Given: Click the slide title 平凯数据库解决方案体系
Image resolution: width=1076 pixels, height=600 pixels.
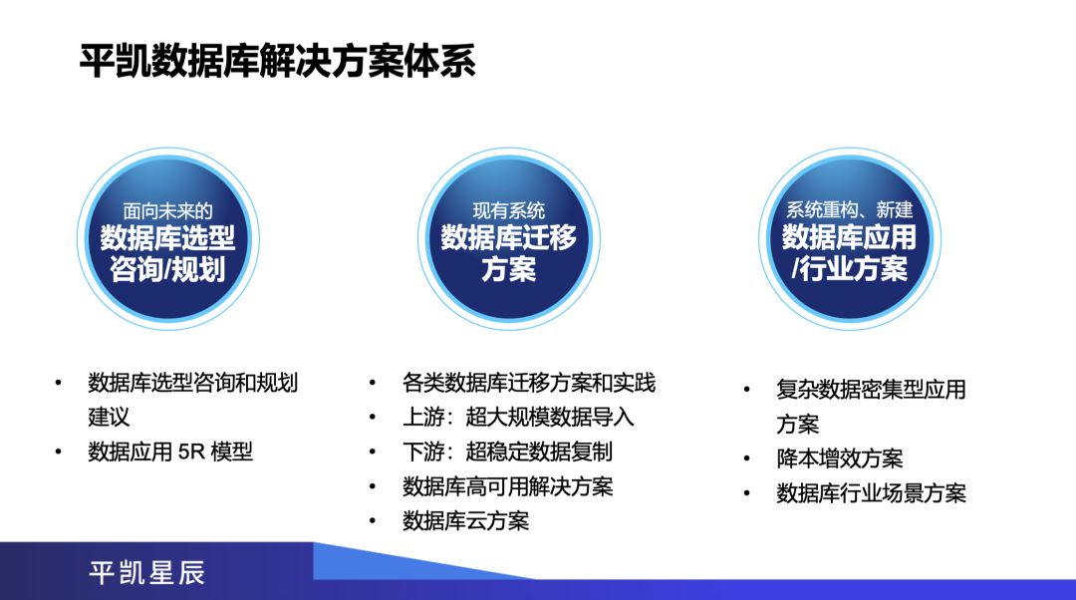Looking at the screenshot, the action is [277, 61].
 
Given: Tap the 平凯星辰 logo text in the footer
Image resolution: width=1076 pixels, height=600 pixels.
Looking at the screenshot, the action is [146, 572].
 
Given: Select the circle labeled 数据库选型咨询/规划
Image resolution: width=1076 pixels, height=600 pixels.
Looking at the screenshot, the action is [168, 239].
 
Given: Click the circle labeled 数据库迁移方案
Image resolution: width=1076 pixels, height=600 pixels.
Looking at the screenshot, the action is [508, 239].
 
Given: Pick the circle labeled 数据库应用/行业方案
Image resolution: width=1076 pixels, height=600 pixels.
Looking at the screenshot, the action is [850, 239].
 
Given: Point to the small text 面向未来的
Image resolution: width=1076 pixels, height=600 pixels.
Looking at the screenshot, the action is [168, 210].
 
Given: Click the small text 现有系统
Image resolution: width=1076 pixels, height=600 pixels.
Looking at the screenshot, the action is [508, 210].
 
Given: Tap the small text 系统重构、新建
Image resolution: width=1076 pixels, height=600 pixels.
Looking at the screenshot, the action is [850, 209].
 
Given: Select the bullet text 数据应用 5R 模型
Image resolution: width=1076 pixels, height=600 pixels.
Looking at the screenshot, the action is [170, 451].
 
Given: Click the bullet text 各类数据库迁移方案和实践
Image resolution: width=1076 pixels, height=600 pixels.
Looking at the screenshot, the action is [529, 383].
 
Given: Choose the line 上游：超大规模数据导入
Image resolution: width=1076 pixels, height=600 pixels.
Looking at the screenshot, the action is [518, 418].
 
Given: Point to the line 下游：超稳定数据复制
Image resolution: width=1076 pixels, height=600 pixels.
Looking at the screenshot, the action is [507, 451].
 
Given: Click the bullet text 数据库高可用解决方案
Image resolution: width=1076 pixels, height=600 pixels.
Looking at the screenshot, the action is [508, 486].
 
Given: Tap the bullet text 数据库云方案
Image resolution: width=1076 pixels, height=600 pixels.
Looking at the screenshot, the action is [466, 521].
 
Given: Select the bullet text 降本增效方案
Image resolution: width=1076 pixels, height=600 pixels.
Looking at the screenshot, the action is [840, 458].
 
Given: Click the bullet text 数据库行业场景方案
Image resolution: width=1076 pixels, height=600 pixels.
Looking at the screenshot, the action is [872, 493].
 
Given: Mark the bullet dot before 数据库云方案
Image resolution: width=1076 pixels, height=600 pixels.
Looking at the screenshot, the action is [372, 521].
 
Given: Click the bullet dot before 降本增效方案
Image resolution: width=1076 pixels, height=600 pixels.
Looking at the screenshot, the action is [746, 458].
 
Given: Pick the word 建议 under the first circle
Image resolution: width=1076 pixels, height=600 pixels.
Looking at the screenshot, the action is [109, 418].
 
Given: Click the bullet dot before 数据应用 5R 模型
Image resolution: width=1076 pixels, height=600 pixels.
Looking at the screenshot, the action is [59, 451].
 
